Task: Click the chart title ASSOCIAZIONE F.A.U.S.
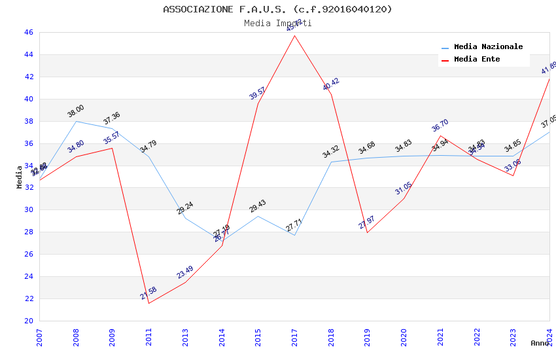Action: point(277,9)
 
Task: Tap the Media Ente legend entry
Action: point(477,60)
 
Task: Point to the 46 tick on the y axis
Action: point(28,33)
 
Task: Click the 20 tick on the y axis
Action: point(28,321)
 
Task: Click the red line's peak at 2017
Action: point(295,35)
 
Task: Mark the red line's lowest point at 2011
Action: point(148,303)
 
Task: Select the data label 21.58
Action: point(148,293)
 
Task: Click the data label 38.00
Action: point(76,111)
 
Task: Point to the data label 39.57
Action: point(258,94)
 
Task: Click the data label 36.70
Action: point(440,126)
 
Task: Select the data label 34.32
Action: point(331,152)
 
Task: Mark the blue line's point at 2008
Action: point(76,121)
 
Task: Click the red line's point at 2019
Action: point(367,232)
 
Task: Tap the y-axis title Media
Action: point(20,177)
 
